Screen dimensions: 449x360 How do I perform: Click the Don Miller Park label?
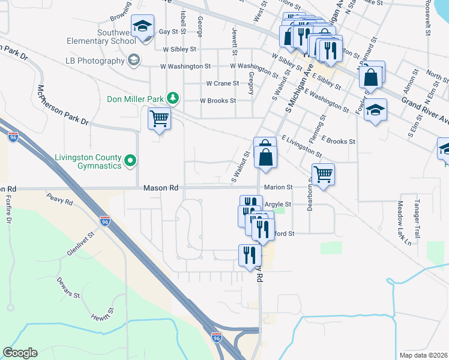tap(136, 99)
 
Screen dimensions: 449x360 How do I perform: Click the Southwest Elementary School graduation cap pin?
tap(142, 27)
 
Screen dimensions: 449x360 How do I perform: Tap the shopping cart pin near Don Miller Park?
tap(159, 119)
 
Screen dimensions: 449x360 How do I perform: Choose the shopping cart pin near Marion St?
tap(323, 175)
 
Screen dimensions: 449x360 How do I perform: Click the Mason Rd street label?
tap(161, 188)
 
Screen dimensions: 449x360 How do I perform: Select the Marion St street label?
tap(278, 187)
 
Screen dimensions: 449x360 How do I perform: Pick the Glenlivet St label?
tap(82, 245)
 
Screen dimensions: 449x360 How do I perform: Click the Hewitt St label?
tap(103, 322)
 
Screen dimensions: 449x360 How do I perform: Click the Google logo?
tap(20, 353)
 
